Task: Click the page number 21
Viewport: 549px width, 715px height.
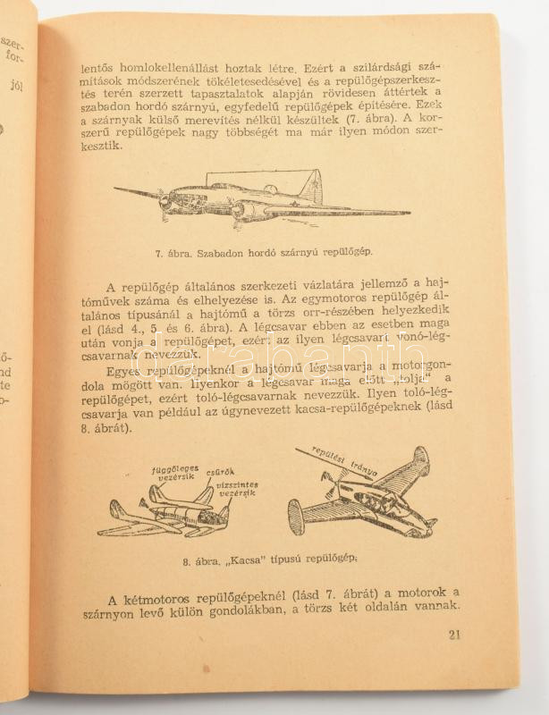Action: pos(456,635)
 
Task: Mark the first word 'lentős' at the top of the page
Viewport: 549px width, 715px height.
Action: pos(97,66)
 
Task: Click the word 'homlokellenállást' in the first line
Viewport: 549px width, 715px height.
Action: pos(183,66)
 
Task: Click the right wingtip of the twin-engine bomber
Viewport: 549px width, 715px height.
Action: pos(408,213)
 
